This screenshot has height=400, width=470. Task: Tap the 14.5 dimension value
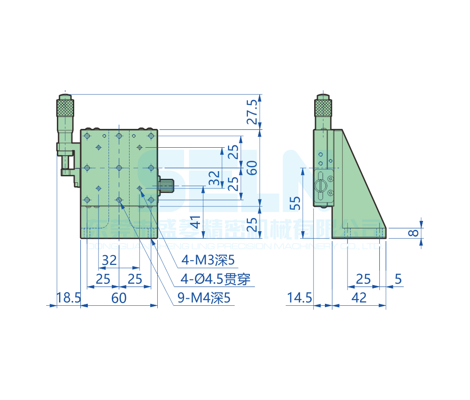tap(300, 298)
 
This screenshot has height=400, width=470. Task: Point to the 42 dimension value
tap(359, 298)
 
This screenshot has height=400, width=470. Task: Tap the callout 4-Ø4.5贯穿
tap(216, 279)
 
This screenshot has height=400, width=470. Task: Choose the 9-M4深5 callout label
tap(205, 298)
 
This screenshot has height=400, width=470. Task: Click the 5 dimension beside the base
tap(398, 279)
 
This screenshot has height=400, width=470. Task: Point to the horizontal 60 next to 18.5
tap(119, 298)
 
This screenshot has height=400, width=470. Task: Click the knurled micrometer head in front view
tap(65, 107)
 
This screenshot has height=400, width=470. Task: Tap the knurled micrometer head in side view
tap(324, 107)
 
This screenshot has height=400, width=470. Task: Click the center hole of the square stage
tap(119, 167)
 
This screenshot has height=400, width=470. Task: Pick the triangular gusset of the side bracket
tap(362, 188)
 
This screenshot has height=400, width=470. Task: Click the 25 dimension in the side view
tap(363, 279)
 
